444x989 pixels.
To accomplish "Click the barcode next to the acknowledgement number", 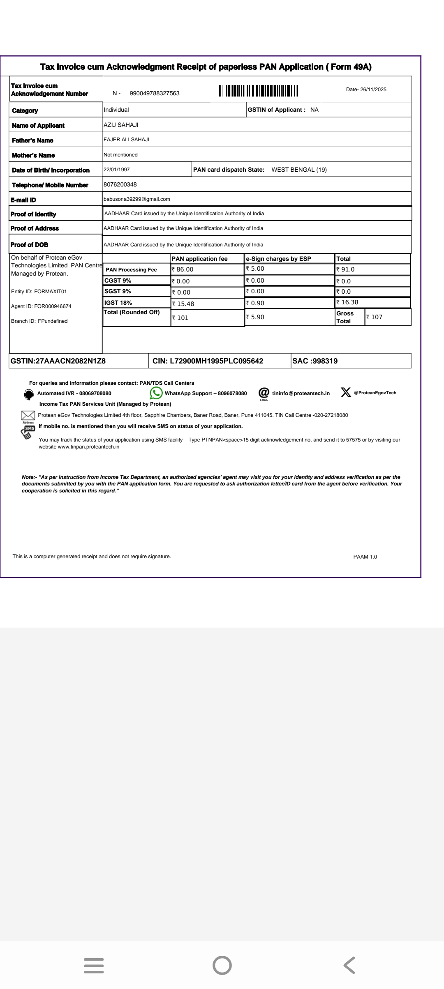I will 258,90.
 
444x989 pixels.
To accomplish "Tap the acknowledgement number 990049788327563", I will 155,94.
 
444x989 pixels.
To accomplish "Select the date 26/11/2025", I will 366,90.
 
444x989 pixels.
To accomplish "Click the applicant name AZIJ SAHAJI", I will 121,125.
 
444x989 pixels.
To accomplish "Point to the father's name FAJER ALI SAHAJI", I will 126,140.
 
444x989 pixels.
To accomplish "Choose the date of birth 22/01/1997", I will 117,170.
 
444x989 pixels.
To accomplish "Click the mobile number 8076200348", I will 120,184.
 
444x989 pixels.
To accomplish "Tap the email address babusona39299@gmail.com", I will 137,199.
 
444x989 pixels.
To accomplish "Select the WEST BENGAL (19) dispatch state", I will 299,170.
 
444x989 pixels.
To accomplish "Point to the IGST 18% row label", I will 118,303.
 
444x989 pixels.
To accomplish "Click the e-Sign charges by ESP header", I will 278,259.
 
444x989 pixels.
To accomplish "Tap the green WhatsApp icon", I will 156,393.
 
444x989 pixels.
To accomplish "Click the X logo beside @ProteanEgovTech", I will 346,393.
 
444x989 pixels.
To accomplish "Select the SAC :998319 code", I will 315,361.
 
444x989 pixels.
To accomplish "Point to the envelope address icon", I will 28,415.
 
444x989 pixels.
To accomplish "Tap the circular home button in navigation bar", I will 222,965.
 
